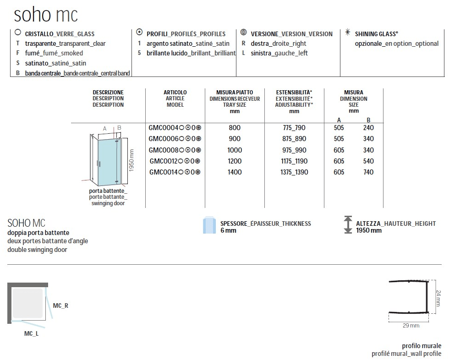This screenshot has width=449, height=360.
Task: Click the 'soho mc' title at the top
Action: [48, 14]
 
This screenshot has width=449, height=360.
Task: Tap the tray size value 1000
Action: [234, 150]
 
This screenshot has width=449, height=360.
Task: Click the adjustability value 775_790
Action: [294, 127]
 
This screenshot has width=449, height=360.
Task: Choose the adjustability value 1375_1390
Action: [294, 172]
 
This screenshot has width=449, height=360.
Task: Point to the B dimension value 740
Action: [368, 172]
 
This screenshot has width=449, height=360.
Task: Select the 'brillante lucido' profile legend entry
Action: [191, 53]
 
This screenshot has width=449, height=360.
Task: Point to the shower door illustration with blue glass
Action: [107, 158]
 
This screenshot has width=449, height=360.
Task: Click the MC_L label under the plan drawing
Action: [31, 333]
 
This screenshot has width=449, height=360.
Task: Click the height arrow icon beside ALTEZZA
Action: [348, 224]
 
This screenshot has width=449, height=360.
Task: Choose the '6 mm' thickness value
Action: [229, 230]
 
